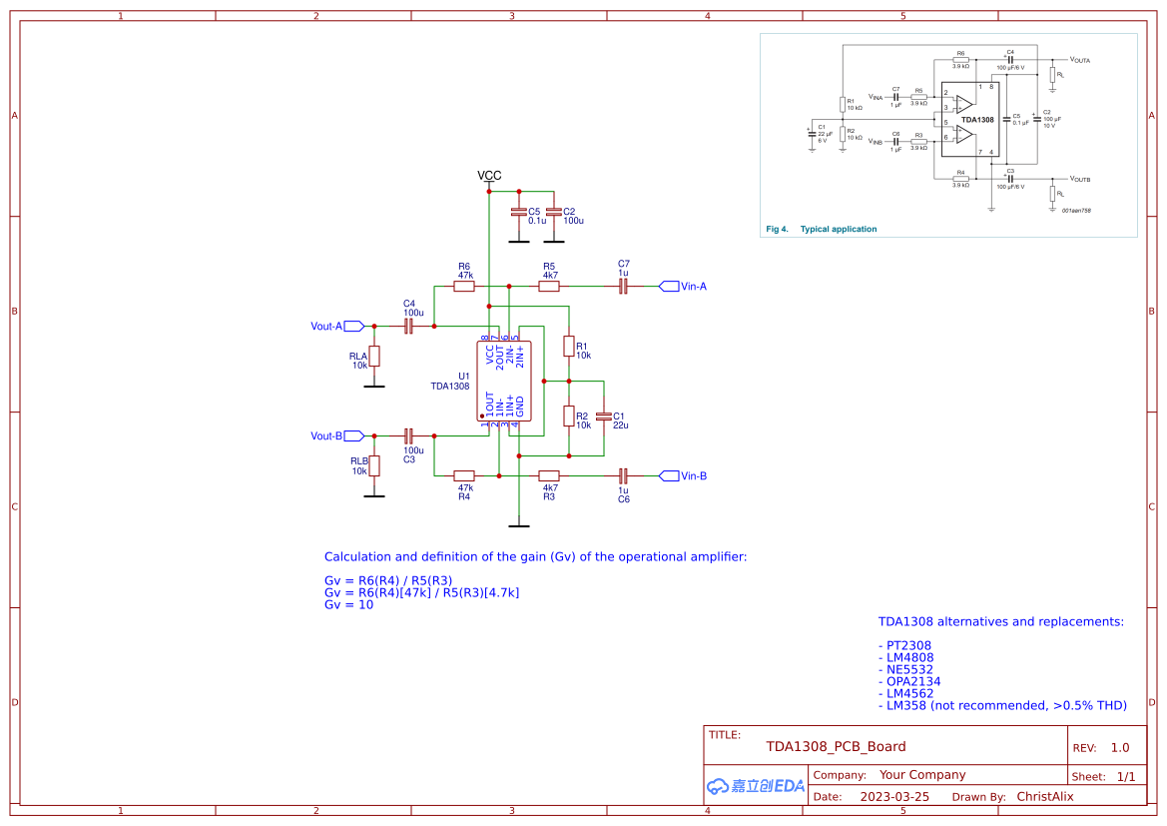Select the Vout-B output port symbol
coord(353,435)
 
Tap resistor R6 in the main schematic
coord(464,287)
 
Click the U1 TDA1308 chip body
coord(504,381)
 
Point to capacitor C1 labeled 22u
coord(603,415)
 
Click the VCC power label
coord(489,176)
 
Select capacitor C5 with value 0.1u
coord(518,212)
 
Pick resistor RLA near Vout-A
coord(374,356)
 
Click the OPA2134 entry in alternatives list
coord(912,681)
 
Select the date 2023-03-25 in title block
coord(894,797)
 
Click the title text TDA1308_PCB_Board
coord(836,746)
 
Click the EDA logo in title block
coord(756,786)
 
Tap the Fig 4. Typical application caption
coord(822,229)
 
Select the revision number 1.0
coord(1119,748)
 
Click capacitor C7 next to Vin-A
coord(623,287)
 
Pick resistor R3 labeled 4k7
coord(549,475)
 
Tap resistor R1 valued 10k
coord(568,347)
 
